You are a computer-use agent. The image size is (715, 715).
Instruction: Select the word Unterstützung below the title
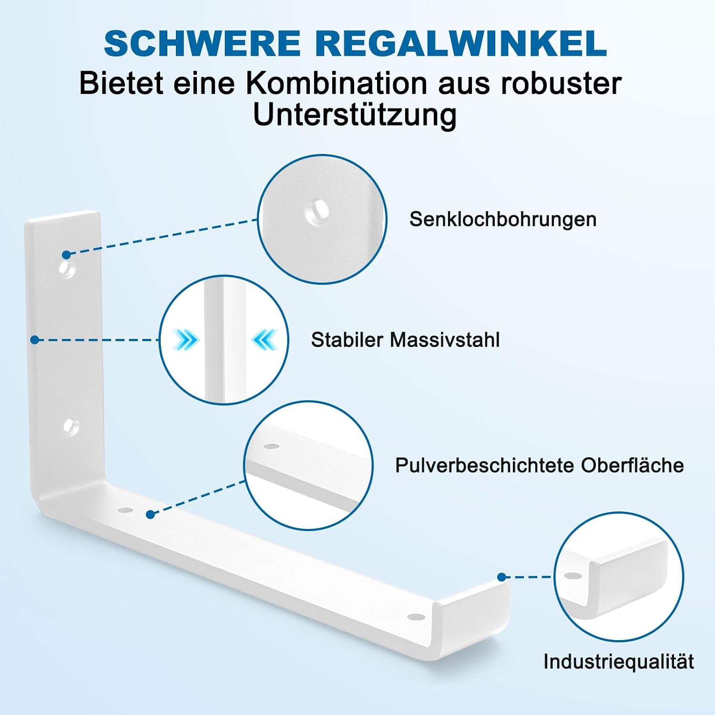355,116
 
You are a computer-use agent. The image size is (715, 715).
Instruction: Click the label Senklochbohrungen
503,219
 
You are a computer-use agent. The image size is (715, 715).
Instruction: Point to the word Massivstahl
445,340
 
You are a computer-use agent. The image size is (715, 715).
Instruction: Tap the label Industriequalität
618,662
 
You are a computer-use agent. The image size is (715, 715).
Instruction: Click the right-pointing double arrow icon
186,340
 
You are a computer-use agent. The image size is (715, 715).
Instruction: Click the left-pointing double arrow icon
264,340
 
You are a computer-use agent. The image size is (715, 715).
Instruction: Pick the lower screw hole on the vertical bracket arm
71,426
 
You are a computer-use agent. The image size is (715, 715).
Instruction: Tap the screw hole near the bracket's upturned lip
416,616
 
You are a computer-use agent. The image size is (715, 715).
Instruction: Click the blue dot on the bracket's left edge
34,340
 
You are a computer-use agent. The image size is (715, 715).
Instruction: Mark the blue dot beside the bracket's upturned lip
501,577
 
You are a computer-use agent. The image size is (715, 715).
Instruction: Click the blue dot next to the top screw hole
66,255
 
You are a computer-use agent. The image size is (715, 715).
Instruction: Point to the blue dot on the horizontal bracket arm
151,515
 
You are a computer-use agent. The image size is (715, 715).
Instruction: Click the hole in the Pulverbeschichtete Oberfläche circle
272,447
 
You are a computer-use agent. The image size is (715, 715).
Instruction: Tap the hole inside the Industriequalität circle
572,576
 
